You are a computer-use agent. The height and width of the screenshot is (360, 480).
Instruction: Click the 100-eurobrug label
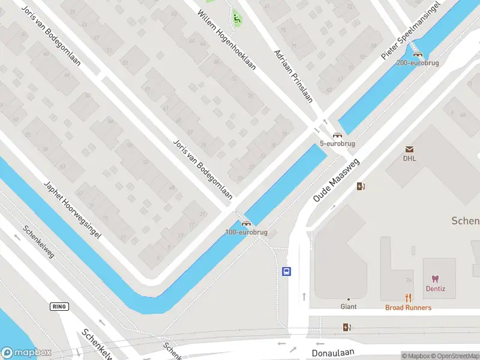246,232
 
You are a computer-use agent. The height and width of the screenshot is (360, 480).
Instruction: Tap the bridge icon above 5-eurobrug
337,136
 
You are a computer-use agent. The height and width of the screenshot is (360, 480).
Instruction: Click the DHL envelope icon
410,149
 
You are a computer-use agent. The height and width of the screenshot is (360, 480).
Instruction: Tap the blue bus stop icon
287,271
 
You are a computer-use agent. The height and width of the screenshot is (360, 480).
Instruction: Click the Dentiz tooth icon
435,279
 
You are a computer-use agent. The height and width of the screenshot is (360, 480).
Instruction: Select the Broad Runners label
408,307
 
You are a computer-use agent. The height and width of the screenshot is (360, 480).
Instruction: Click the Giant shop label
349,307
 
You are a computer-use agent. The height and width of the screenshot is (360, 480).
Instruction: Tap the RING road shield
59,307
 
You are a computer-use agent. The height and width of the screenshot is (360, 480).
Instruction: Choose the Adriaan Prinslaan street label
293,76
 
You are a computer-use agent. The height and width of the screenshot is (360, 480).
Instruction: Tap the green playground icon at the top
237,19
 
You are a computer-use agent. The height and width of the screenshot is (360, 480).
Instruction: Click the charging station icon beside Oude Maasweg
361,186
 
